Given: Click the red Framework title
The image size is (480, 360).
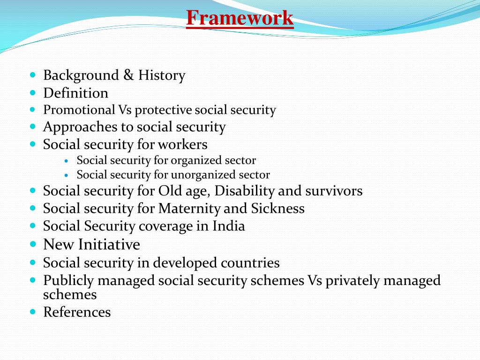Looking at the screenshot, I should pos(240,18).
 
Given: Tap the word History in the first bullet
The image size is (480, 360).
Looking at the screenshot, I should pos(162,75).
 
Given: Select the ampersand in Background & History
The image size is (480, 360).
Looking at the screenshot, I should pos(128,75).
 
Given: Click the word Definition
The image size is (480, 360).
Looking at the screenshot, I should pos(75,93).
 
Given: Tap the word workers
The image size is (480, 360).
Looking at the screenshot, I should pos(182,144).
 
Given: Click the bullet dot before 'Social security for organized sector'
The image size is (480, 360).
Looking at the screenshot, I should pos(67,161).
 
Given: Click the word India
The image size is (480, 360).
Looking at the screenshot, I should pos(229,226).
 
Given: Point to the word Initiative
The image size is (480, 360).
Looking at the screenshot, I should pos(109,245).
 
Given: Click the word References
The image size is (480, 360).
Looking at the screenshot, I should pos(77,312).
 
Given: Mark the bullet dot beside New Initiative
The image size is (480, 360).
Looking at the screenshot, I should pos(33,244).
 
